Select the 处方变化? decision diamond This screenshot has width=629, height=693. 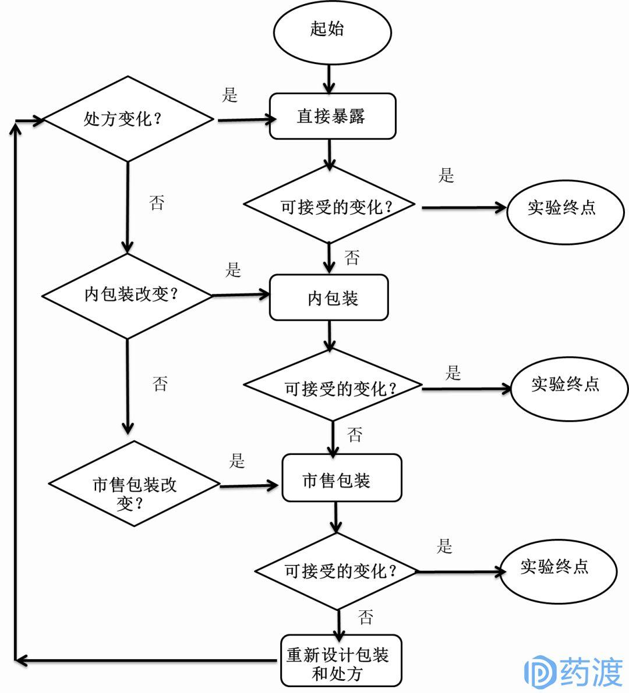[x=128, y=119]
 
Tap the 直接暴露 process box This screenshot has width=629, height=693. [x=332, y=117]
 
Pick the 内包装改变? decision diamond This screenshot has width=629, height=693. [x=128, y=295]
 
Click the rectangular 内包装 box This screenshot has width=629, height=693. [x=329, y=298]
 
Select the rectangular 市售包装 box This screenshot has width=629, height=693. [x=342, y=478]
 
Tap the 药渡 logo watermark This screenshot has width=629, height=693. [x=574, y=671]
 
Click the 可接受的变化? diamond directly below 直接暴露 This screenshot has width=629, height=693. [x=330, y=206]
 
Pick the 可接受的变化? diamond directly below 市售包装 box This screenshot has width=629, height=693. [x=337, y=571]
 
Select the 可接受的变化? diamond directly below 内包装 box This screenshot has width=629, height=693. [x=333, y=386]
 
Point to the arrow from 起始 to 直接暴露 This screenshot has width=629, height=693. [x=330, y=78]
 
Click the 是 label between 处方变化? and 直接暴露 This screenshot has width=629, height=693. [x=230, y=95]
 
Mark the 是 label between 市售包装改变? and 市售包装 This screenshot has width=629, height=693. [x=236, y=461]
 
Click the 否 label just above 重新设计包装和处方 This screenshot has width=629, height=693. [x=366, y=617]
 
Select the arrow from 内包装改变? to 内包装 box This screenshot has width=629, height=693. [x=240, y=295]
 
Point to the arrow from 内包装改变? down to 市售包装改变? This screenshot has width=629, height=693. [x=128, y=386]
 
